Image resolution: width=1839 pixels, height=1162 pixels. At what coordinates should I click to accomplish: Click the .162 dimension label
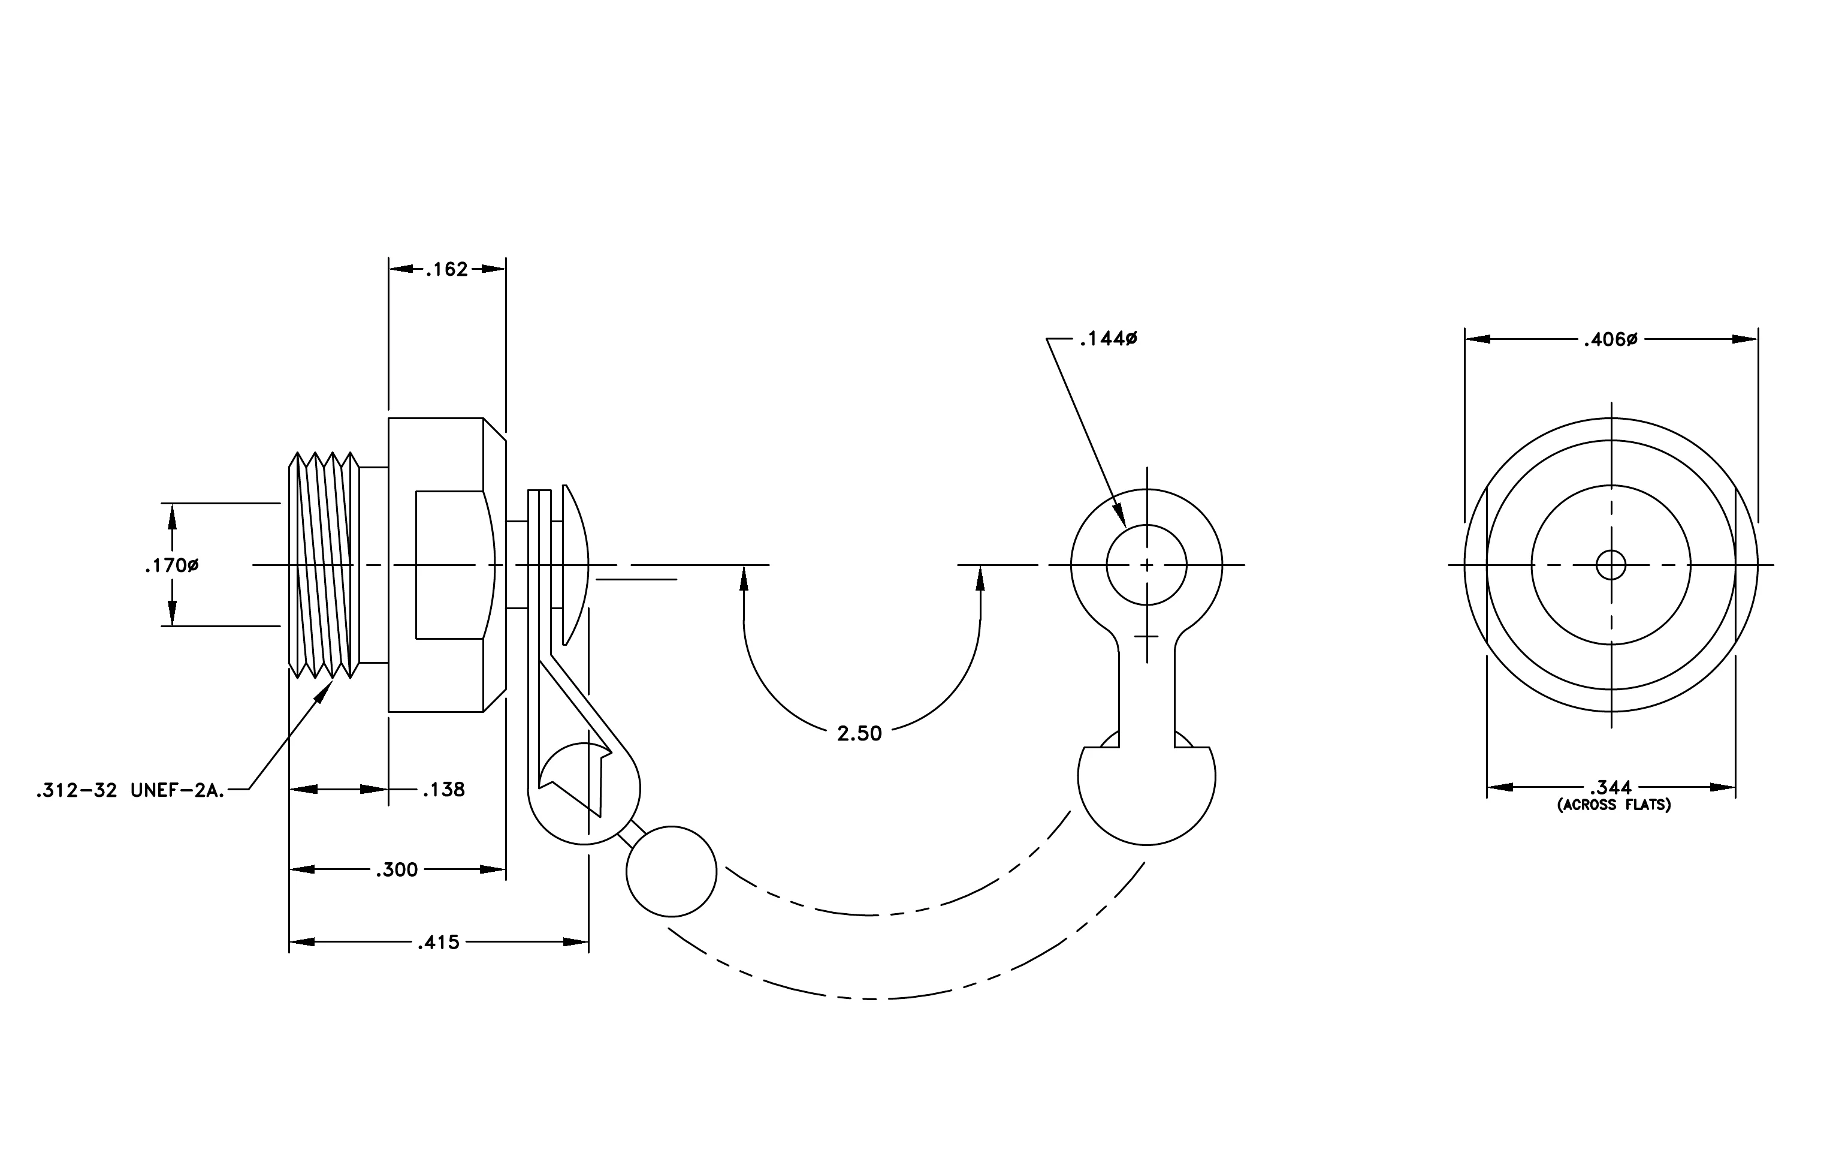click(447, 270)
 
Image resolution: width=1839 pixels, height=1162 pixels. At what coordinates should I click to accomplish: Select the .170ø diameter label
click(172, 566)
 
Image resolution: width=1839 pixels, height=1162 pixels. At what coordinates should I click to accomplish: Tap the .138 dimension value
click(443, 789)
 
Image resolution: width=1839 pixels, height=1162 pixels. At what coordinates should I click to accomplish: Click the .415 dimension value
click(439, 943)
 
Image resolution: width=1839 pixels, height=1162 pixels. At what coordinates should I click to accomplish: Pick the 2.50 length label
click(859, 733)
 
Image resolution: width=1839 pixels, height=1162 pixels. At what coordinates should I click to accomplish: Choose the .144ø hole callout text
click(1108, 338)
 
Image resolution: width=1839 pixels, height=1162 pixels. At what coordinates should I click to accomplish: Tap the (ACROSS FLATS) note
click(1614, 805)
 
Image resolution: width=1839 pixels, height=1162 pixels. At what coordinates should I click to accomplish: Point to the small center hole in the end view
click(1611, 565)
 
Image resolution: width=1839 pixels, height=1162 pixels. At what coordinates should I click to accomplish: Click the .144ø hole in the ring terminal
click(1146, 565)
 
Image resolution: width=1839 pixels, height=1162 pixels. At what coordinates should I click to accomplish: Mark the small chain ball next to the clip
click(671, 871)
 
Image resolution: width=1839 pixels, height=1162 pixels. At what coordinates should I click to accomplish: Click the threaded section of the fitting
click(324, 565)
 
